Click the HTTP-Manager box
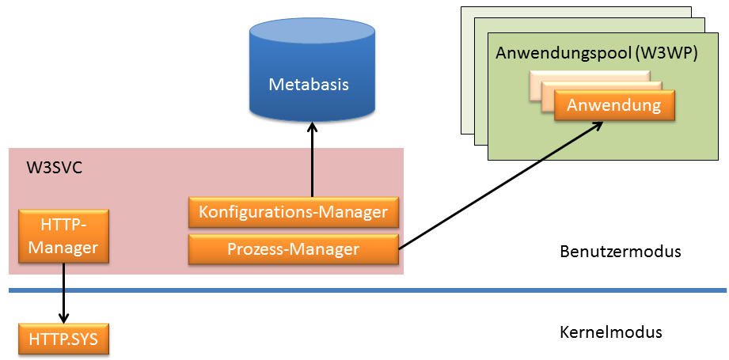(x=63, y=236)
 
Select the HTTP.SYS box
(x=63, y=339)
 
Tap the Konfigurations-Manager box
(x=293, y=212)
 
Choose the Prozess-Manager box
(x=293, y=248)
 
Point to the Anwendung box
(x=614, y=105)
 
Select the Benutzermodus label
(x=620, y=252)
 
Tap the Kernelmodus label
(x=610, y=332)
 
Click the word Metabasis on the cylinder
(x=309, y=85)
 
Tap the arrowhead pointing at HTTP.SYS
(x=63, y=316)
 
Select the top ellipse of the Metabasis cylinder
(x=309, y=31)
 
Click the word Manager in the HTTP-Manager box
(x=63, y=248)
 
